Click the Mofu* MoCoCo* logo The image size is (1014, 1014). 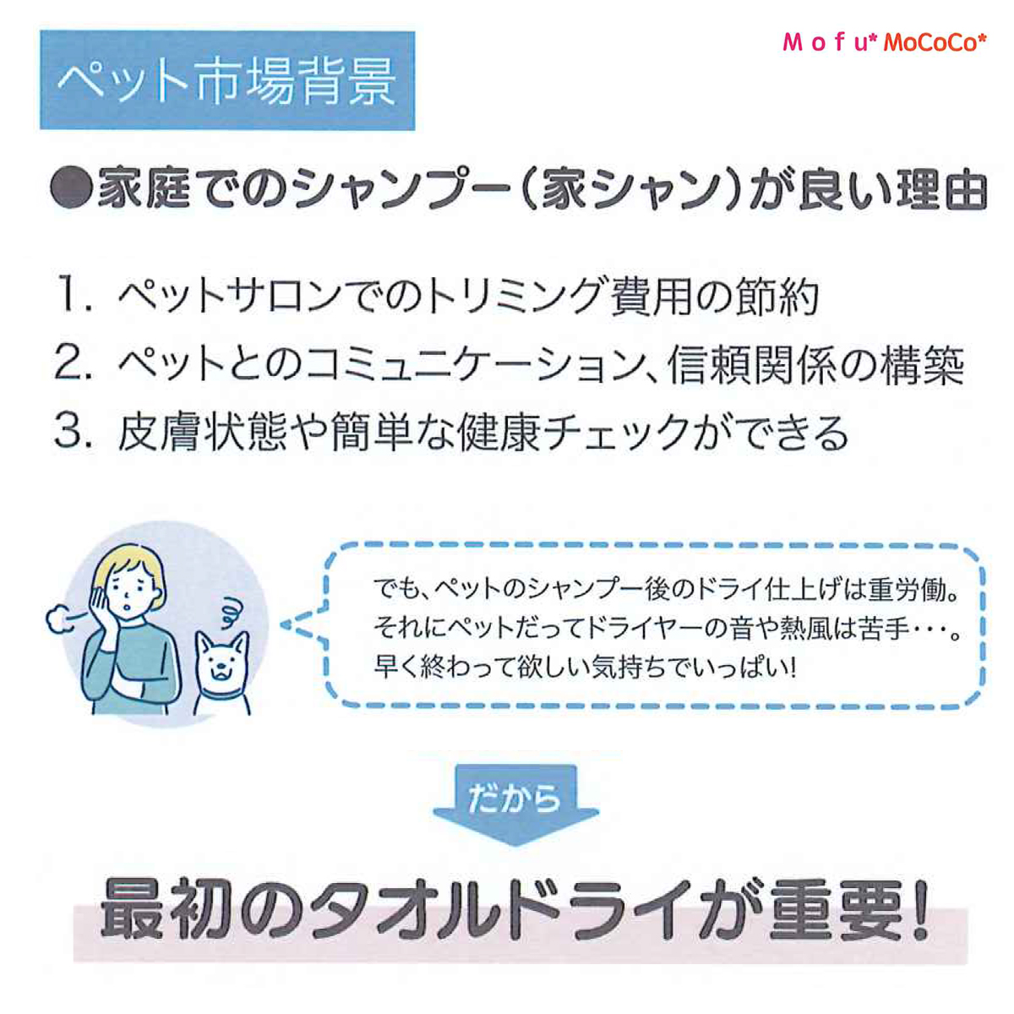[x=884, y=42]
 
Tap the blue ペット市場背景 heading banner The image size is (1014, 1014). [x=227, y=80]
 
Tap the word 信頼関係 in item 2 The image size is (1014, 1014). [x=751, y=364]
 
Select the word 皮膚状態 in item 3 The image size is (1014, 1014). [x=203, y=433]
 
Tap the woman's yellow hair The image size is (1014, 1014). [x=133, y=570]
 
